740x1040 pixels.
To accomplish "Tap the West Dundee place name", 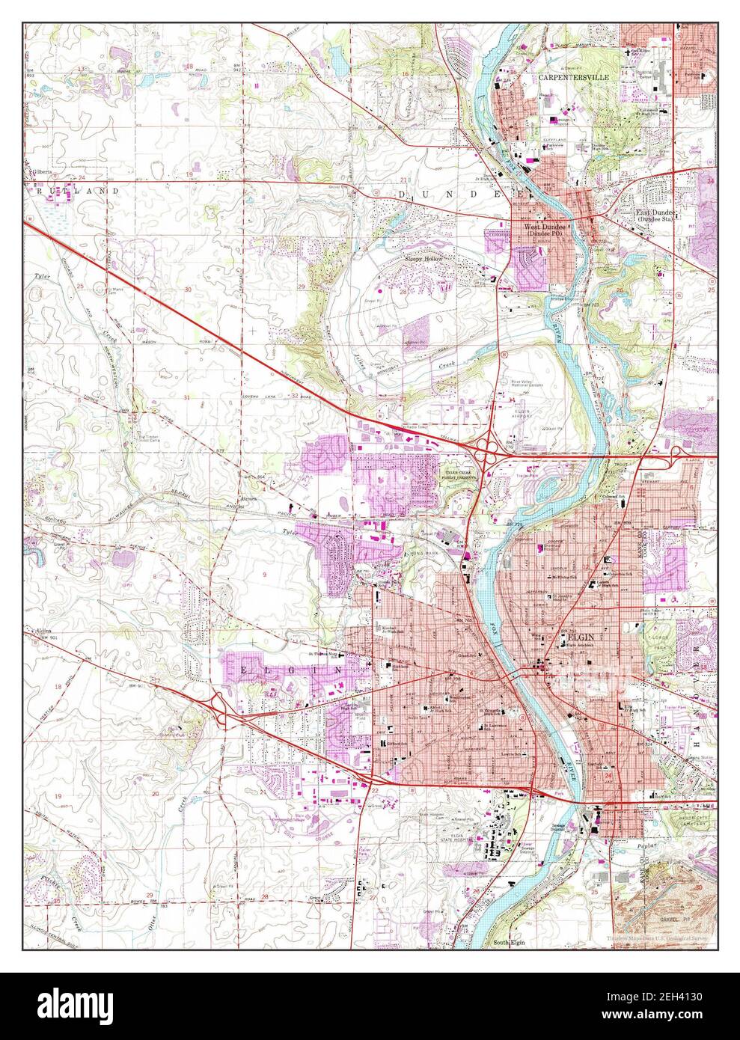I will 544,227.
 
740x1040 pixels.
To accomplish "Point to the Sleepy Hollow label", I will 424,258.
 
